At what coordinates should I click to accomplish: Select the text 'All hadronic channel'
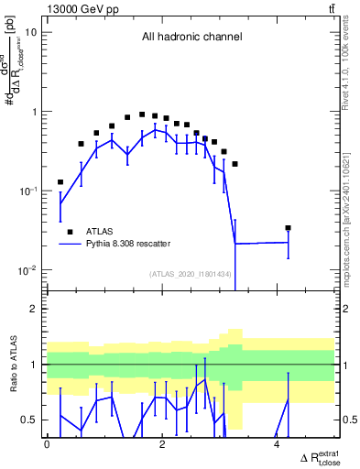pyautogui.click(x=191, y=38)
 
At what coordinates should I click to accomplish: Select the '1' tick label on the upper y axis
pyautogui.click(x=34, y=112)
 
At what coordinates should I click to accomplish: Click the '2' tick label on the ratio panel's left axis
pyautogui.click(x=34, y=309)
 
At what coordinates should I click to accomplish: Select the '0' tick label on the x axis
pyautogui.click(x=47, y=444)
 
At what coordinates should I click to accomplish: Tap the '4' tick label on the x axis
pyautogui.click(x=277, y=444)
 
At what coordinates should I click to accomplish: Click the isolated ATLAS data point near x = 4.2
pyautogui.click(x=288, y=227)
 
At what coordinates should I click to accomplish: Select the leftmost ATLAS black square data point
pyautogui.click(x=60, y=182)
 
